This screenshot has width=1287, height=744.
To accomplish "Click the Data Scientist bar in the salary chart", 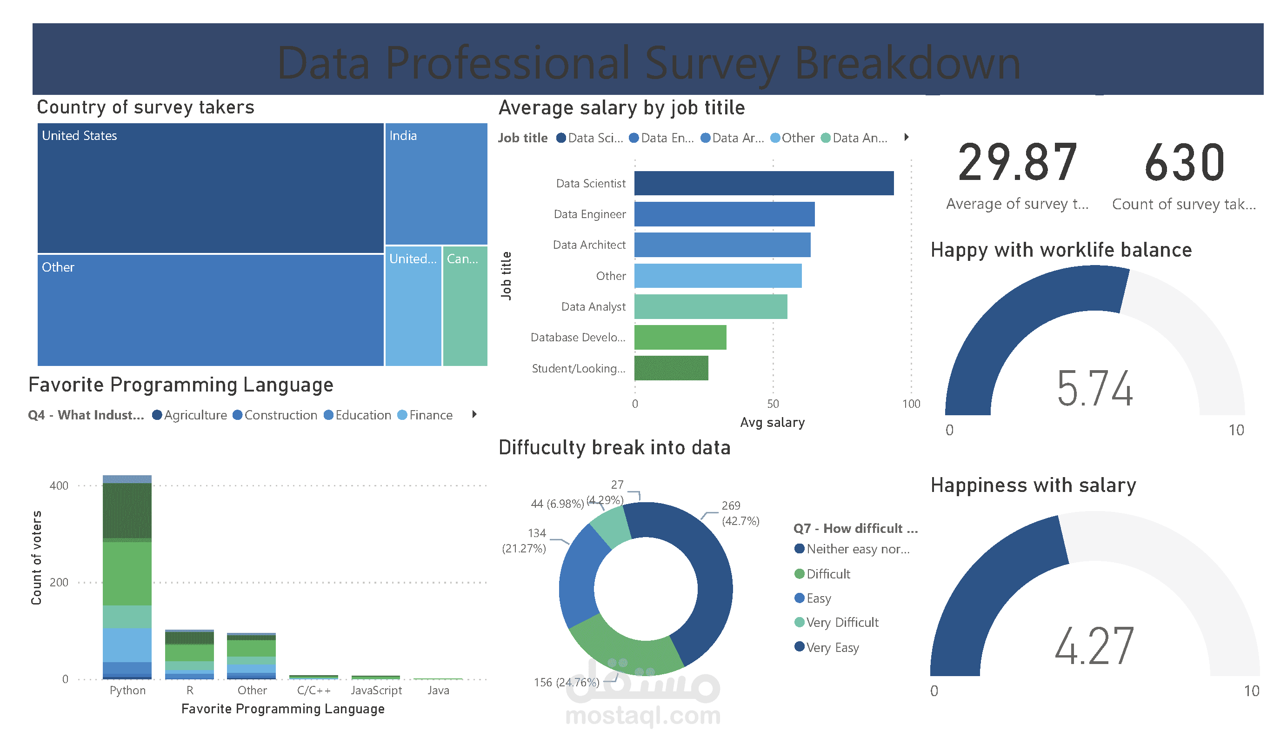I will [764, 183].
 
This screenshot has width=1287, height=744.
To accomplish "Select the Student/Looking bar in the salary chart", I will [671, 368].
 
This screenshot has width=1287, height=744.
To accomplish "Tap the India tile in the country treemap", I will [436, 184].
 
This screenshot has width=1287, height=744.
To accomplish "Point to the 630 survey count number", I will [1184, 163].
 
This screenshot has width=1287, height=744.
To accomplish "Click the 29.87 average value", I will [1017, 163].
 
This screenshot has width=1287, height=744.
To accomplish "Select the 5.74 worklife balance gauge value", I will [1094, 389].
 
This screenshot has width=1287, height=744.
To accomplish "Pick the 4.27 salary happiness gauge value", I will [1094, 646].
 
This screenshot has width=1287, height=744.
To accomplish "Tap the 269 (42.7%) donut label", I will [740, 513].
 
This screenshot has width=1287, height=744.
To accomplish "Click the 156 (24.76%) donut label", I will [567, 682].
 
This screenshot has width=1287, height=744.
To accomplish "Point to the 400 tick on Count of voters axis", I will [59, 485].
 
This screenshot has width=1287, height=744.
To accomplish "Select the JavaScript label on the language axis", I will [376, 691].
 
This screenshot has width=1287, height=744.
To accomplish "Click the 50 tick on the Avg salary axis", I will [773, 404].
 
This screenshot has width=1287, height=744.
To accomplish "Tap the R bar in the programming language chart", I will [189, 655].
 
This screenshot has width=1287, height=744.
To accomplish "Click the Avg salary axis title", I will [772, 422].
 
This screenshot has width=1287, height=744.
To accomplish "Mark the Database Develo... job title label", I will [578, 338].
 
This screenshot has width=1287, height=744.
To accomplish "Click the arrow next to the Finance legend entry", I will [474, 414].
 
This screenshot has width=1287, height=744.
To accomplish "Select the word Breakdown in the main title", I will [907, 63].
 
